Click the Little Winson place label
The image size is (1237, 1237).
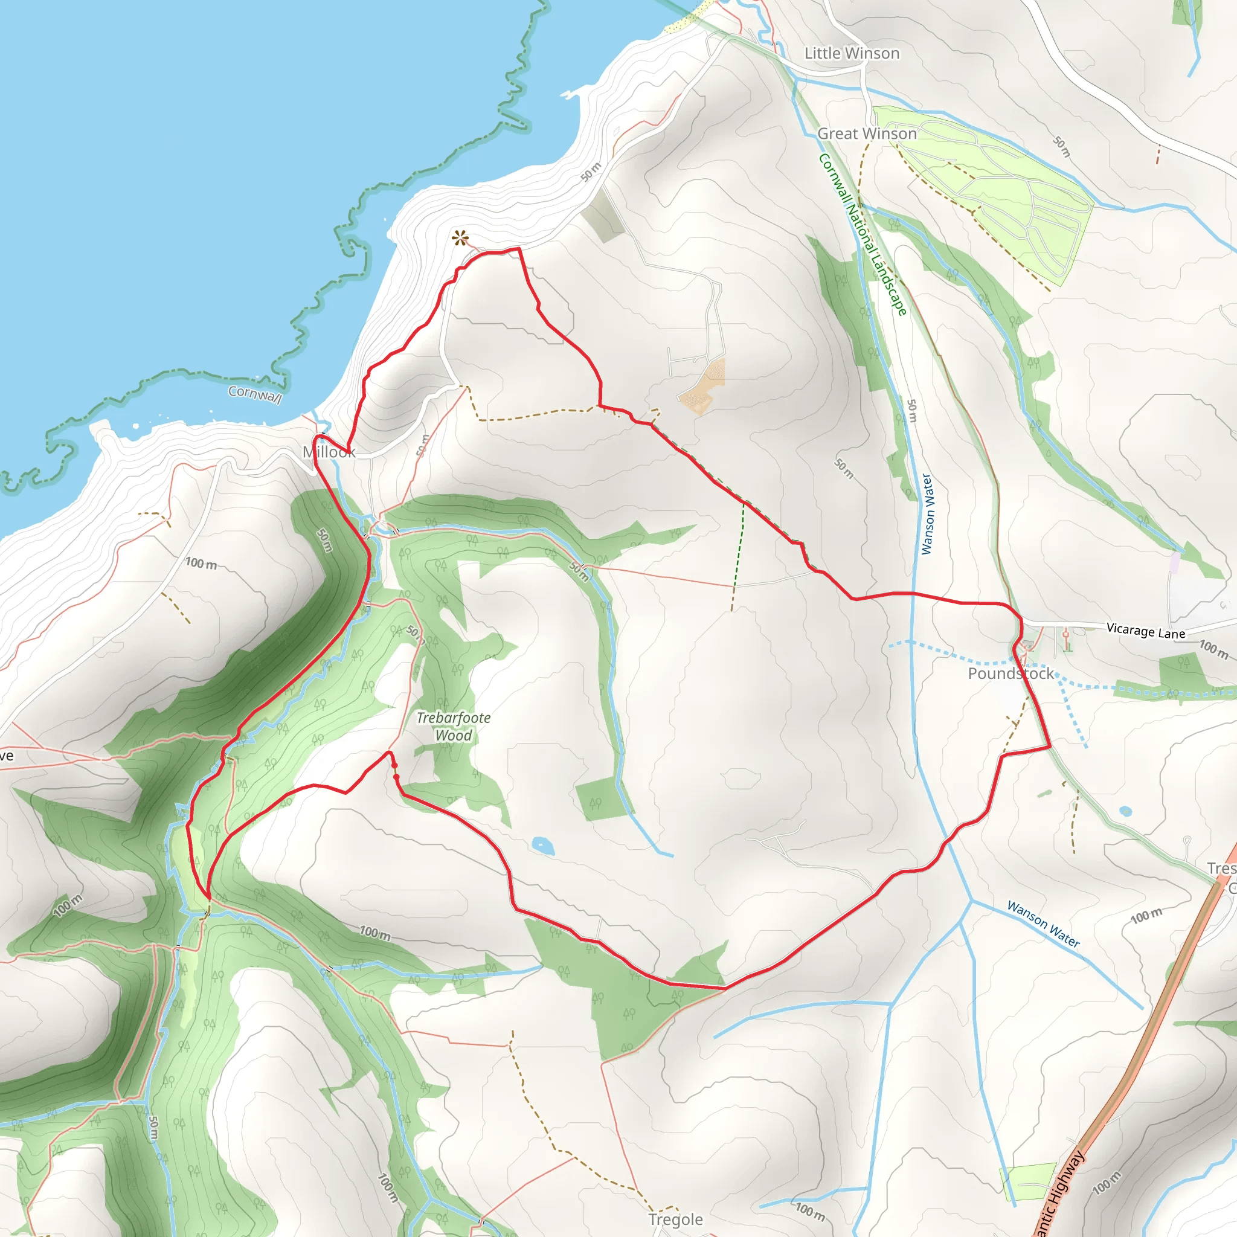click(x=852, y=54)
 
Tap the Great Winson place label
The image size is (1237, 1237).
click(x=867, y=134)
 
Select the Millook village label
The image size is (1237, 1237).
click(x=329, y=452)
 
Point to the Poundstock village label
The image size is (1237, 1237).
click(x=1010, y=673)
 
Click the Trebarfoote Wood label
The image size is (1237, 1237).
click(x=454, y=727)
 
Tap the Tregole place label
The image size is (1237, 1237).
click(x=675, y=1219)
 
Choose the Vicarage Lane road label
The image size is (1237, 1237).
click(x=1146, y=631)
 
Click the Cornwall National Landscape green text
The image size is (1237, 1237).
click(x=863, y=234)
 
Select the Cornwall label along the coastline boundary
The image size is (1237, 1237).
click(x=255, y=394)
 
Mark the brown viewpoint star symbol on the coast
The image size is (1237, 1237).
click(x=460, y=239)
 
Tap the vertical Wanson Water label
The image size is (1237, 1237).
click(x=927, y=513)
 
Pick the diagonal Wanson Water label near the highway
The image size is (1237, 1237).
click(x=1044, y=924)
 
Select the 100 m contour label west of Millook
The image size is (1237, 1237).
click(x=201, y=564)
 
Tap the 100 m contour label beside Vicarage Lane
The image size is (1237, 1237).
click(x=1214, y=649)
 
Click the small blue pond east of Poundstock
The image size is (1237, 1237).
click(x=1126, y=811)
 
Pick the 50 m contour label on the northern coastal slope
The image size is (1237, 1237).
click(x=591, y=172)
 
